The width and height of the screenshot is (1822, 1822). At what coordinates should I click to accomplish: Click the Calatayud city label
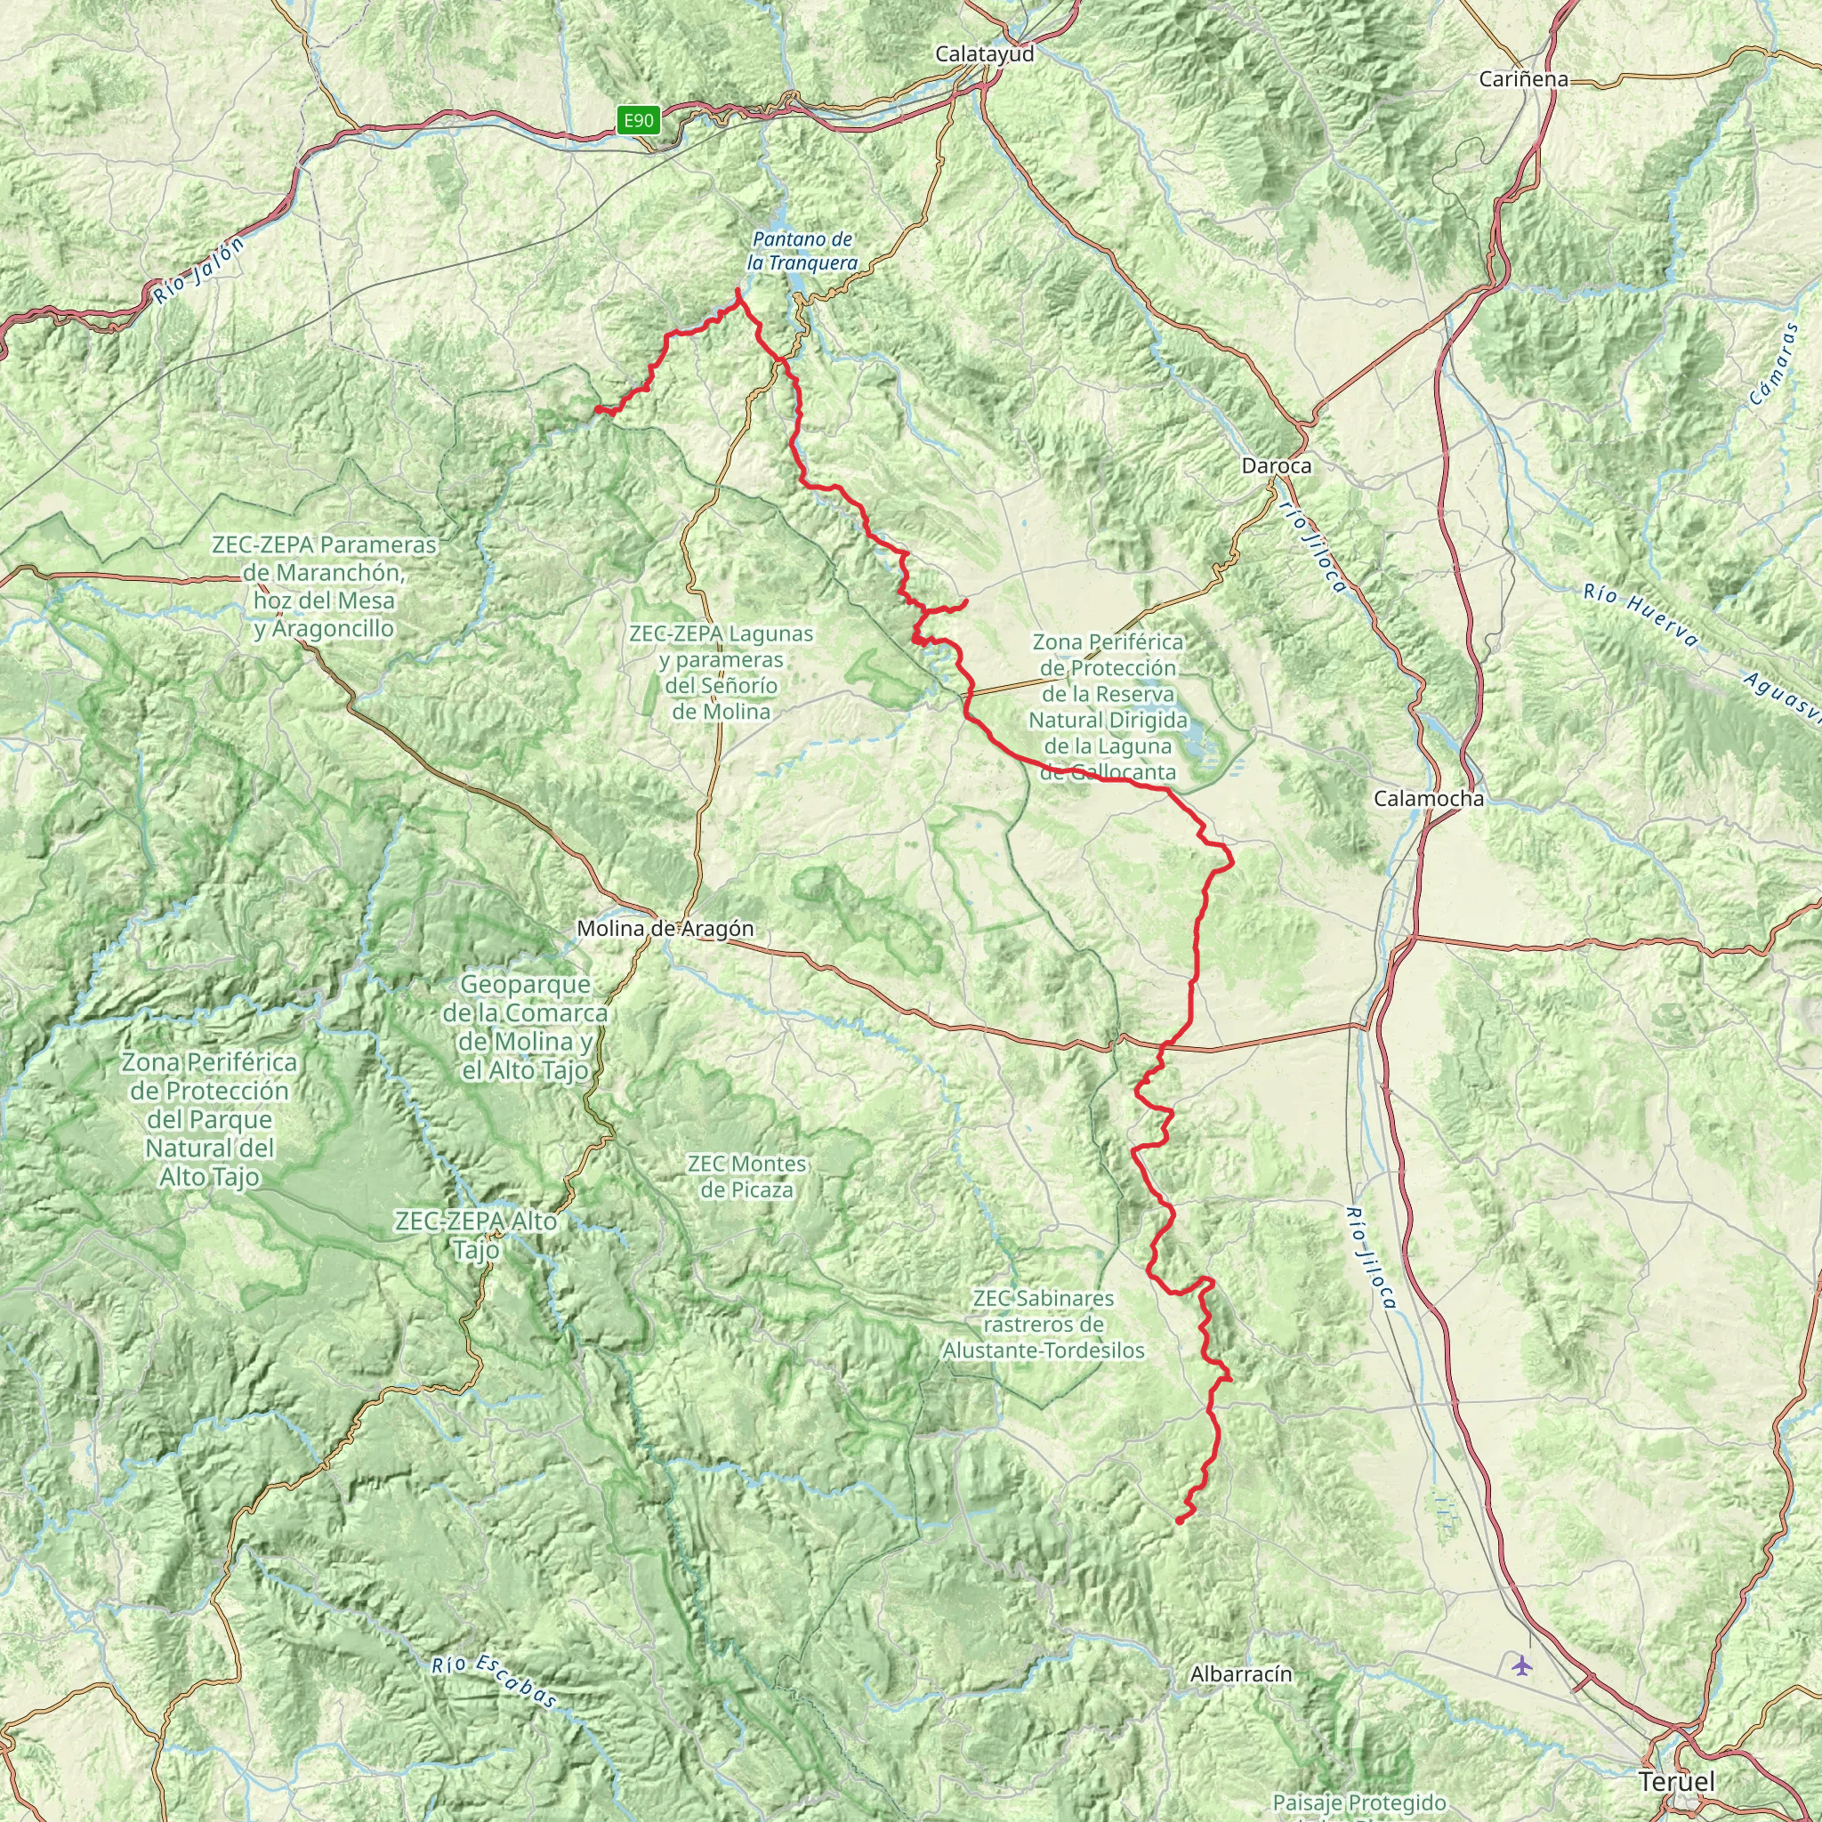[985, 53]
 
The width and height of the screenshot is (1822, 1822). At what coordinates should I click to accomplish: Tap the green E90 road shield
[638, 120]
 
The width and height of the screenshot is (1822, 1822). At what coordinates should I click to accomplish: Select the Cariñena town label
[1523, 79]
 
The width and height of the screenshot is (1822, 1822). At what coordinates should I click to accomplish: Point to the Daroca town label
[1276, 465]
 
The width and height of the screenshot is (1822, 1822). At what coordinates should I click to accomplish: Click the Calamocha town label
[1428, 799]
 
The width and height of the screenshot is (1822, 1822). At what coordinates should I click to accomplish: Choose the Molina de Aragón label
[665, 928]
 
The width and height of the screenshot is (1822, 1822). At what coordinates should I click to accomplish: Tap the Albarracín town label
[1241, 1674]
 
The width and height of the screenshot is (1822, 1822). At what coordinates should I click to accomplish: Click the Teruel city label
[1677, 1781]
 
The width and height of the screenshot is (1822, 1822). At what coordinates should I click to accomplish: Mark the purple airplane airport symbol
[1521, 1665]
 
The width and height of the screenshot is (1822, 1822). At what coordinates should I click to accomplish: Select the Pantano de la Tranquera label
[802, 251]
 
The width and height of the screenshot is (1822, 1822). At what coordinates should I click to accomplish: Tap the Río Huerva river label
[1640, 616]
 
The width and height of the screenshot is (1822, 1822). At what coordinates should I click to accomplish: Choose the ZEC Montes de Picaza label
[747, 1176]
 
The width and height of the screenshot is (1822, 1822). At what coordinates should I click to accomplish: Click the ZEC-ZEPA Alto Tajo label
[476, 1235]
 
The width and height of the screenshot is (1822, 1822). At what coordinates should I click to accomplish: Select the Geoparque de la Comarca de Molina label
[525, 1027]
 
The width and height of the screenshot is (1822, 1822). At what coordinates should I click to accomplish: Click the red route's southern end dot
[1180, 1520]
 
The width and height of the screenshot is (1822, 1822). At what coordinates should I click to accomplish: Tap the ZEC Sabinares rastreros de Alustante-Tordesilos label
[1043, 1324]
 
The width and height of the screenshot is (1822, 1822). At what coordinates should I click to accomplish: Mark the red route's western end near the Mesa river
[597, 408]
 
